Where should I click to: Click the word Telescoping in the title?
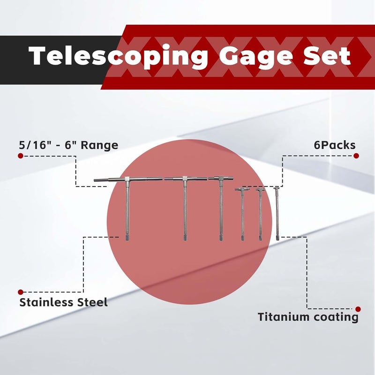click(x=118, y=57)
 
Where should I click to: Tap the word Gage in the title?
click(x=255, y=57)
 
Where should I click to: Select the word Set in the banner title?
click(x=327, y=55)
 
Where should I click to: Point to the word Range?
click(x=99, y=146)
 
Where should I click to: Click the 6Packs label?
click(x=335, y=145)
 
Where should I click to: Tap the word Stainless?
click(x=45, y=302)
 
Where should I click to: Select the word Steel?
click(x=91, y=302)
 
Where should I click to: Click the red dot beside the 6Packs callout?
click(x=356, y=156)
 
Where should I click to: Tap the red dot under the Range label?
click(x=21, y=156)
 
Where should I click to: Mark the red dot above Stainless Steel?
click(x=21, y=292)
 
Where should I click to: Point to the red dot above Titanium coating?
click(x=358, y=309)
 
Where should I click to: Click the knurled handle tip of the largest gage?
click(x=127, y=238)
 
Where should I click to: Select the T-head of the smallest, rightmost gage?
click(x=277, y=188)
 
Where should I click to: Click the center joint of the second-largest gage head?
click(x=185, y=179)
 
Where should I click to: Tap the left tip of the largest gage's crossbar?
click(x=94, y=180)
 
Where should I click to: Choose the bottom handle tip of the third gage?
click(x=221, y=238)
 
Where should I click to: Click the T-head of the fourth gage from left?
click(x=242, y=189)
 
